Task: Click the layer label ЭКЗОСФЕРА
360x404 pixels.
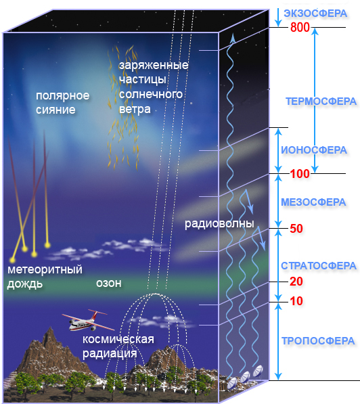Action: [x=315, y=14]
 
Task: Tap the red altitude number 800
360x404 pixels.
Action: [x=300, y=27]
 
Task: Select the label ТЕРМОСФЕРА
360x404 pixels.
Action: [x=321, y=102]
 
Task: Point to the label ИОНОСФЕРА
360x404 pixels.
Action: [x=314, y=150]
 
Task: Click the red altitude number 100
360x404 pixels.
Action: [x=300, y=174]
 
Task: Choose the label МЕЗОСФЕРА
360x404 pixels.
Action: [x=313, y=202]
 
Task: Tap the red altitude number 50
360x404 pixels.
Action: [x=296, y=229]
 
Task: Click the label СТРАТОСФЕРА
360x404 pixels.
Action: [x=319, y=266]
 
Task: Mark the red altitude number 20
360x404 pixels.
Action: [x=296, y=282]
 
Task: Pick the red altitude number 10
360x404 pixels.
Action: [x=296, y=301]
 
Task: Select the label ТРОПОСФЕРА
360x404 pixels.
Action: [x=318, y=341]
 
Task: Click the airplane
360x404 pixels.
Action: [x=87, y=321]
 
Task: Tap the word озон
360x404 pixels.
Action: [x=109, y=284]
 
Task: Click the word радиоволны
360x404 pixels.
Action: [x=219, y=223]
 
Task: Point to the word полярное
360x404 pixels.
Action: [x=63, y=96]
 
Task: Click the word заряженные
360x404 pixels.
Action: [x=154, y=66]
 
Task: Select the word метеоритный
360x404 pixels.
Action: [x=45, y=270]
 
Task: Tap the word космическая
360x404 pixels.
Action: [x=118, y=339]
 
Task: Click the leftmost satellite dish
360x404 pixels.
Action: [x=232, y=382]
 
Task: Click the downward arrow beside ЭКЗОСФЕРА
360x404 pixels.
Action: [x=278, y=18]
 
